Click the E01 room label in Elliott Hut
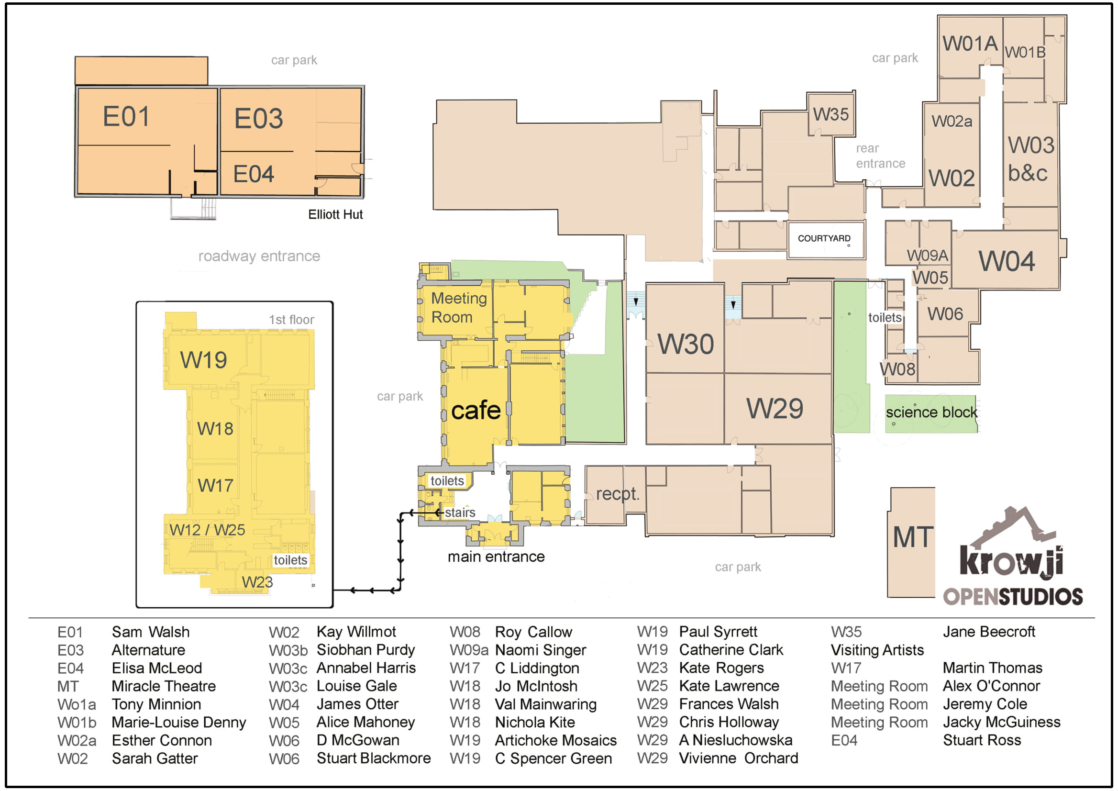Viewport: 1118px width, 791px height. coord(126,117)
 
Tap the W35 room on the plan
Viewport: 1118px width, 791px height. coord(830,115)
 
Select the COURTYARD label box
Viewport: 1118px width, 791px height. coord(824,239)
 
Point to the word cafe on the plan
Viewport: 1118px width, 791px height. coord(476,411)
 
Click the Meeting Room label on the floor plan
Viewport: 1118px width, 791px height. coord(458,307)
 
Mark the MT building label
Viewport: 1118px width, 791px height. coord(913,538)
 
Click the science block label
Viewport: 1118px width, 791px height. coord(931,412)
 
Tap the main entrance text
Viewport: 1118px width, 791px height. coord(496,557)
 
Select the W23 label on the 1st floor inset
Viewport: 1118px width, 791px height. coord(257,582)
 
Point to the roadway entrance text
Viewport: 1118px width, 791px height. coord(259,256)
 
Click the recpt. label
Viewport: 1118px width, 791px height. coord(618,494)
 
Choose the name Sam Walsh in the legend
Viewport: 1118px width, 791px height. coord(151,632)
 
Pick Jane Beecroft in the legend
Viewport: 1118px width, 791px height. coord(988,632)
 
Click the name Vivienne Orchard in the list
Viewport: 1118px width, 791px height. coord(738,758)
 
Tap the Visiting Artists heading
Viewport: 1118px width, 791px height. coord(877,650)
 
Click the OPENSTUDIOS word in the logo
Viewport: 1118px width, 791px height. coord(1013,597)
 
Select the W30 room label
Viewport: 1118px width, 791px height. coord(686,345)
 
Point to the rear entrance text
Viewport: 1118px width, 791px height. coord(880,156)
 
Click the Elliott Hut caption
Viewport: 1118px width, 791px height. coord(335,215)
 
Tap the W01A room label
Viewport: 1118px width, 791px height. coord(970,44)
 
